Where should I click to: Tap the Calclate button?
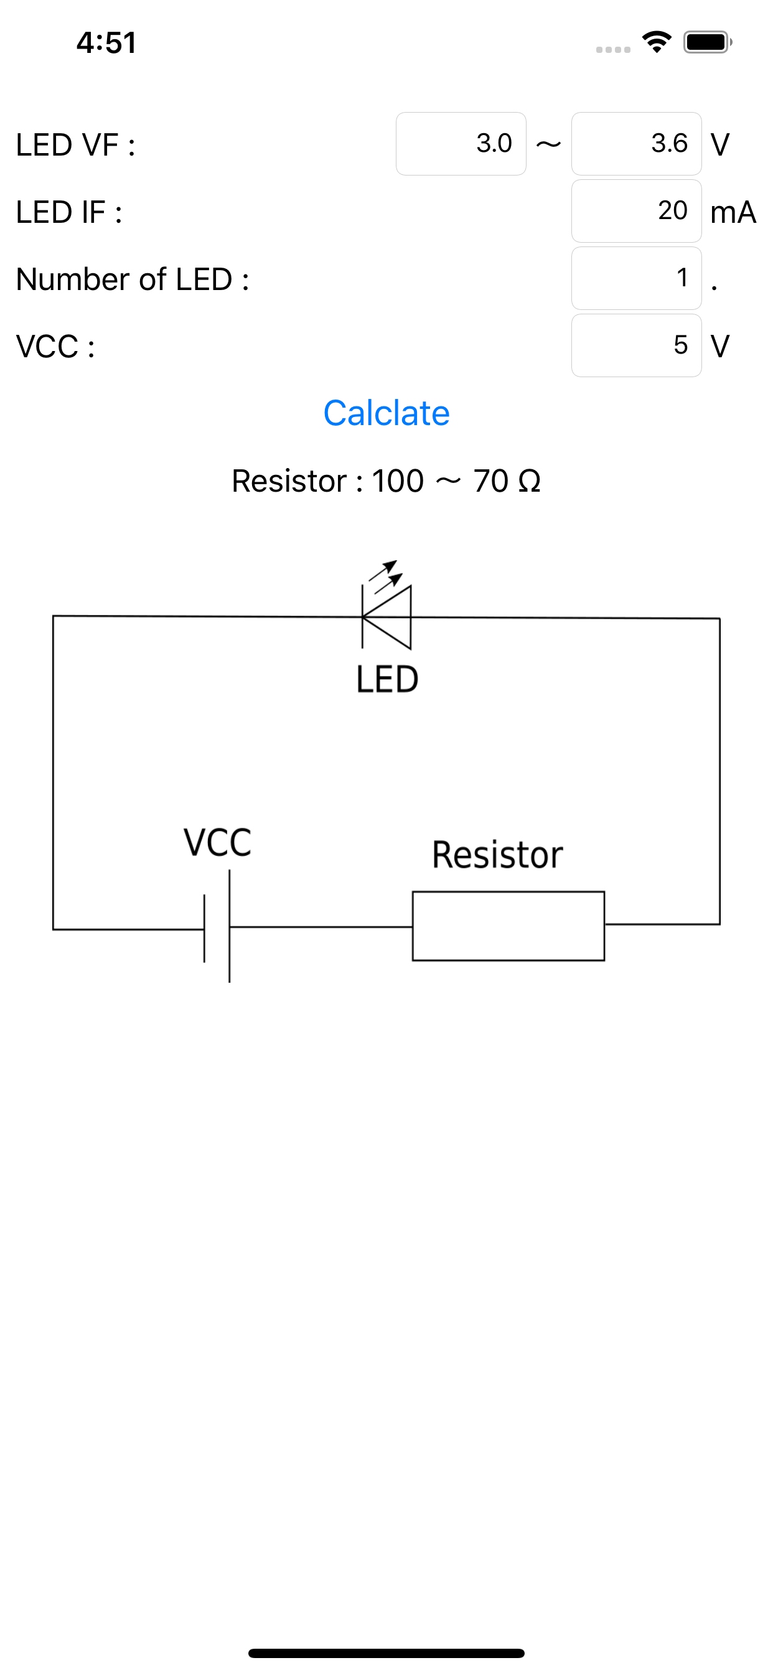pos(386,413)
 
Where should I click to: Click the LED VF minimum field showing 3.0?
pos(461,144)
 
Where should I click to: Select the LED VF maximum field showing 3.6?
pos(636,144)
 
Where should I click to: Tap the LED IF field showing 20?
pos(636,211)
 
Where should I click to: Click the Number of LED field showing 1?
pos(636,278)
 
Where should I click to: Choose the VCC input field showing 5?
pos(636,345)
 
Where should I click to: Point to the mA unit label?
pos(733,212)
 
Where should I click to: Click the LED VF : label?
pos(75,145)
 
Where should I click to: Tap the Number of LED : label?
pos(133,279)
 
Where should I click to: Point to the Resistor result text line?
pos(386,481)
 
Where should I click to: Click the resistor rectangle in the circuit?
pos(508,926)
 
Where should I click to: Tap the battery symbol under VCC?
pos(218,927)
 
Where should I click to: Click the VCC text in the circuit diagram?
pos(217,842)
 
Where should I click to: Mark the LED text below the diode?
pos(387,679)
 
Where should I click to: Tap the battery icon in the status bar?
pos(707,43)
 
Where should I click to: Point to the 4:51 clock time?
pos(106,43)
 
